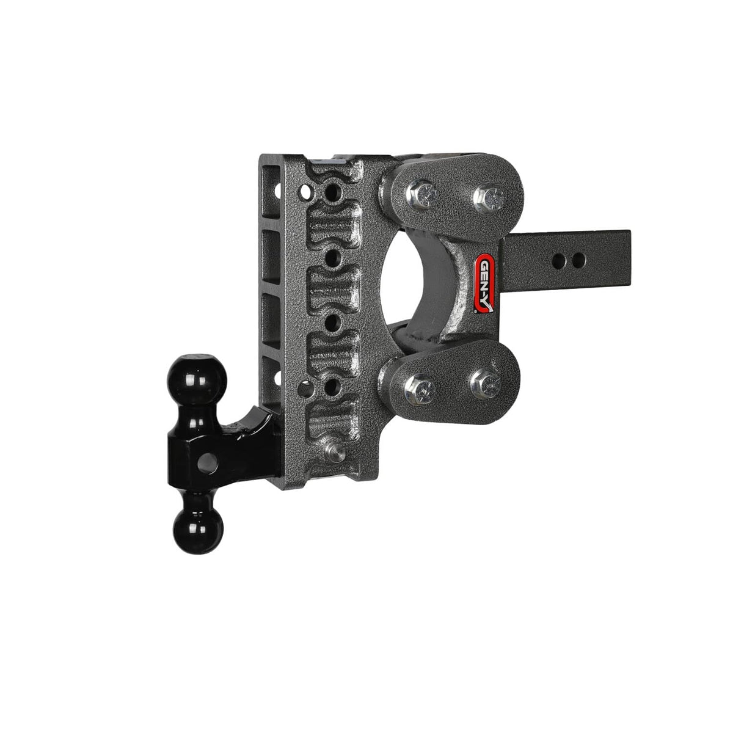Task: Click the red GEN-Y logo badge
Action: [x=485, y=283]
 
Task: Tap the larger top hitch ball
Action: [x=197, y=378]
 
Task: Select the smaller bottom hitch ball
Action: [x=198, y=530]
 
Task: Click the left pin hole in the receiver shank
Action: [x=558, y=261]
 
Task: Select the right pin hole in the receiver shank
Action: [x=578, y=260]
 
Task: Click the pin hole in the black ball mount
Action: [x=208, y=463]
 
